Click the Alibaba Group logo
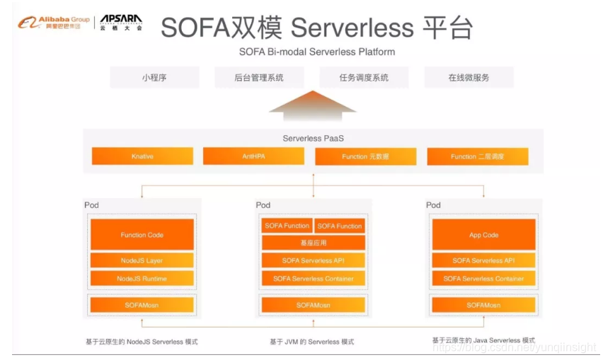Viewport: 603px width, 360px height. (x=49, y=22)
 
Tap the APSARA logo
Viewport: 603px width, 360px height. (x=120, y=22)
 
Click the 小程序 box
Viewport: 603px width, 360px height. (x=154, y=77)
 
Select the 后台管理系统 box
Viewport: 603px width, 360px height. (x=259, y=77)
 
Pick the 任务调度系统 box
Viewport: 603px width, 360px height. (x=364, y=77)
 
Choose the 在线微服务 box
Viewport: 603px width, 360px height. (x=469, y=77)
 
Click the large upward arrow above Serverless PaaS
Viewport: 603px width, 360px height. (x=312, y=107)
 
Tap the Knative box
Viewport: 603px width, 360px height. (x=142, y=156)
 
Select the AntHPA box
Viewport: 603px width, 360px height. (x=253, y=156)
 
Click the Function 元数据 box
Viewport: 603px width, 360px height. (x=365, y=156)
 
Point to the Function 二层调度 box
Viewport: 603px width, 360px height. (x=477, y=156)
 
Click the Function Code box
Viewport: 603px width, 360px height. (x=142, y=235)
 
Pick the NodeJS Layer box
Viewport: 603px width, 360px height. (x=142, y=260)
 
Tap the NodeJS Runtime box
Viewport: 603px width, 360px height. (x=142, y=279)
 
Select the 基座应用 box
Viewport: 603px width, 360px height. (x=314, y=243)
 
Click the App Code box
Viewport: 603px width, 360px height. (x=484, y=235)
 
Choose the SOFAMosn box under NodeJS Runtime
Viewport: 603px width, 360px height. (x=142, y=305)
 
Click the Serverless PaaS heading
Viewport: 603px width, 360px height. (x=313, y=139)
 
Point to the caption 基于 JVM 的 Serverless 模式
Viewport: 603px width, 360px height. (x=312, y=342)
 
